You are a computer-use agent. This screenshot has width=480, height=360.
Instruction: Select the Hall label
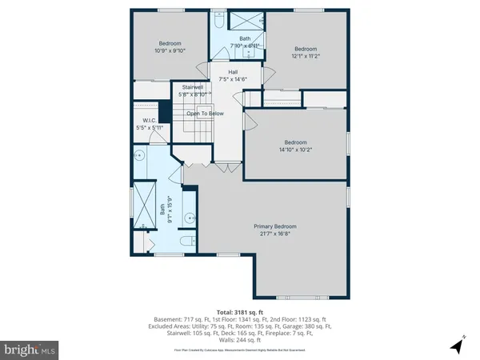click(233, 72)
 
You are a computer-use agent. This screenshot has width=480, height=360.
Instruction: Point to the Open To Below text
click(205, 114)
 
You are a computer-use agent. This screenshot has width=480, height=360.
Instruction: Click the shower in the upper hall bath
click(239, 21)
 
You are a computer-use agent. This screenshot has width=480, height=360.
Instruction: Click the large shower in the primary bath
click(144, 202)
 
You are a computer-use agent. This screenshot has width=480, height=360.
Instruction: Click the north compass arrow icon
click(458, 346)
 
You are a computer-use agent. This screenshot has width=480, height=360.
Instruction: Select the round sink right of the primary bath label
click(188, 217)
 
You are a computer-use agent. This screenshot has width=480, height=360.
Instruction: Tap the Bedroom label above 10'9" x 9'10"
click(169, 43)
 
